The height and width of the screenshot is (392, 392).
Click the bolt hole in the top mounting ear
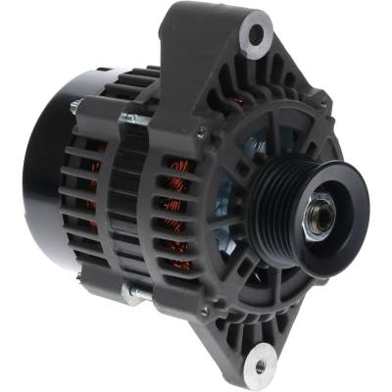[256, 35]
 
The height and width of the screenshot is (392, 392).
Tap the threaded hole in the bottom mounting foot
[259, 367]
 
